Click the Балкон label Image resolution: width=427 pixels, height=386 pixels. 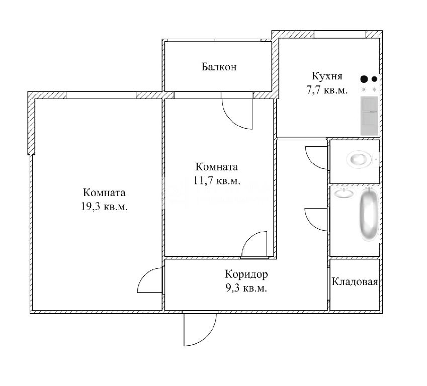coord(219,67)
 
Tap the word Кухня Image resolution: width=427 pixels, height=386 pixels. coord(327,76)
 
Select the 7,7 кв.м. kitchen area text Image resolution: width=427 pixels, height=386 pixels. coord(327,90)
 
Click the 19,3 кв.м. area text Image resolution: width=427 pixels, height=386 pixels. coord(104,207)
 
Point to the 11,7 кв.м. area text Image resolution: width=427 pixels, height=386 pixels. coord(217,180)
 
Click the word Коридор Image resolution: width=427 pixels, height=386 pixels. coord(246,274)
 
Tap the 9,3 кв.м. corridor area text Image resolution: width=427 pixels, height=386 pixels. coord(246,288)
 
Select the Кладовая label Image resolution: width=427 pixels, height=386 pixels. coord(355,282)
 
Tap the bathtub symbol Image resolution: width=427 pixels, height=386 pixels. coord(369,215)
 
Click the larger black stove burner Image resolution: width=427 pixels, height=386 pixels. coord(364,79)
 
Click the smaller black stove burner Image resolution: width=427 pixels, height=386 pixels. coord(374,79)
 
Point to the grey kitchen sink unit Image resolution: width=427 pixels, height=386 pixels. coord(369,116)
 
